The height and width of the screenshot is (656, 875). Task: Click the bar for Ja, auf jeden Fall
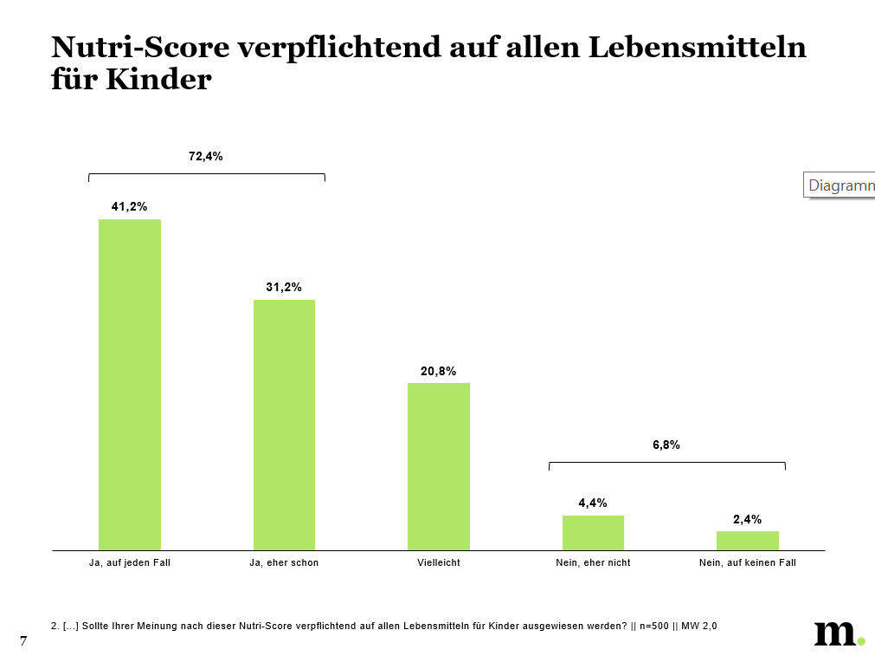click(x=130, y=385)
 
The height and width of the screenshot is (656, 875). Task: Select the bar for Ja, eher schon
click(x=284, y=425)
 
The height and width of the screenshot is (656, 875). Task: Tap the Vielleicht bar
click(x=439, y=466)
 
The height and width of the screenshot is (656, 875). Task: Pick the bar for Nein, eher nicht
click(x=593, y=533)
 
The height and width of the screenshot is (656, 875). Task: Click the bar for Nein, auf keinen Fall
click(x=748, y=541)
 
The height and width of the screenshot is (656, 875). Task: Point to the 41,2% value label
click(x=129, y=206)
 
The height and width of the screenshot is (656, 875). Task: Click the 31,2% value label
click(x=284, y=287)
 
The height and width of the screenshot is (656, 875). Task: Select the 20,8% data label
click(x=439, y=370)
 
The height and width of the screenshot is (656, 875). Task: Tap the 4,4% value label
click(x=593, y=503)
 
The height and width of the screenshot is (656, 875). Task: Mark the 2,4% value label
click(x=747, y=519)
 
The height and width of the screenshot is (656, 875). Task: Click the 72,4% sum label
click(x=206, y=156)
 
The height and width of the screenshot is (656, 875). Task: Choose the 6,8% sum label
click(x=666, y=445)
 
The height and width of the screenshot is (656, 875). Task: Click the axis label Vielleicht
click(x=439, y=562)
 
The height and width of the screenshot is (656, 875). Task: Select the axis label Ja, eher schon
click(x=284, y=562)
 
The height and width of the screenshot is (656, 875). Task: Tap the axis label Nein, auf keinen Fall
click(x=748, y=562)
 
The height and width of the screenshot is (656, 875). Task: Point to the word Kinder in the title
click(x=159, y=80)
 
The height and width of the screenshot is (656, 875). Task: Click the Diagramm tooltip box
click(x=840, y=185)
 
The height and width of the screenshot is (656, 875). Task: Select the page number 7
click(x=23, y=640)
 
